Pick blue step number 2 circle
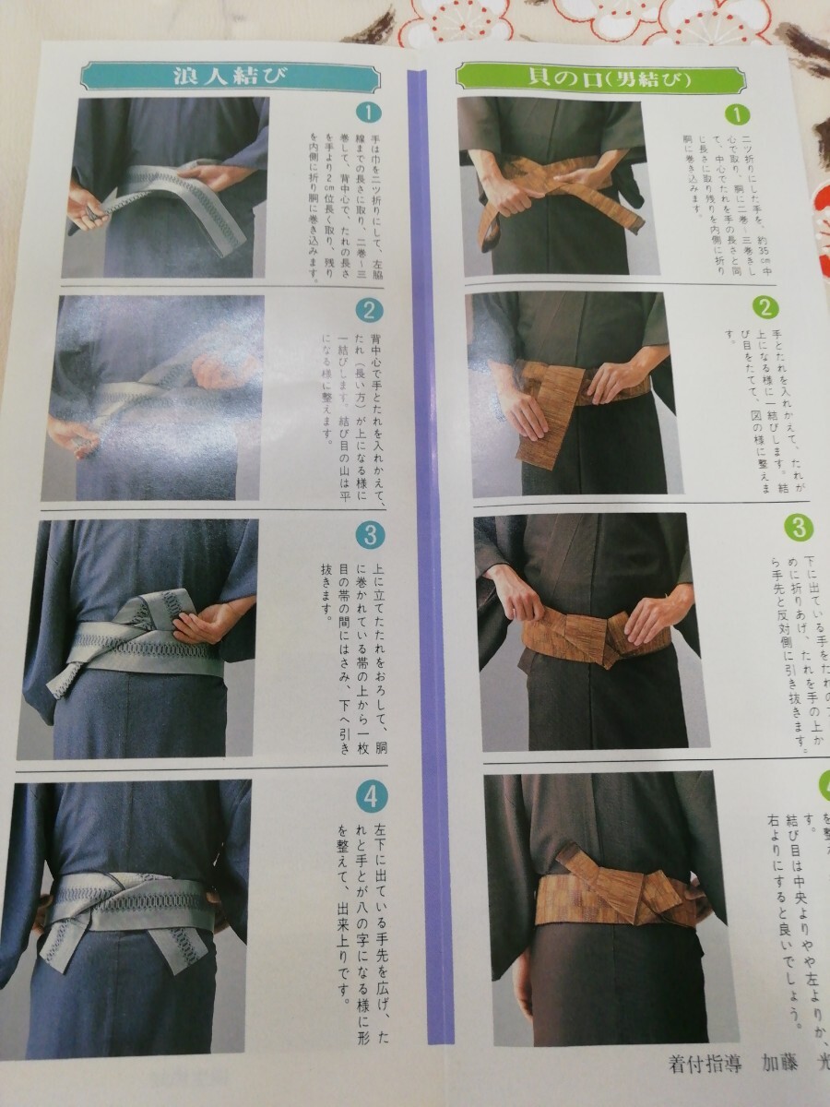coord(367,311)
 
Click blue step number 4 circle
coord(372,796)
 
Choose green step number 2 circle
coord(765,307)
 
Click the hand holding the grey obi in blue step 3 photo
coord(207,625)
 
